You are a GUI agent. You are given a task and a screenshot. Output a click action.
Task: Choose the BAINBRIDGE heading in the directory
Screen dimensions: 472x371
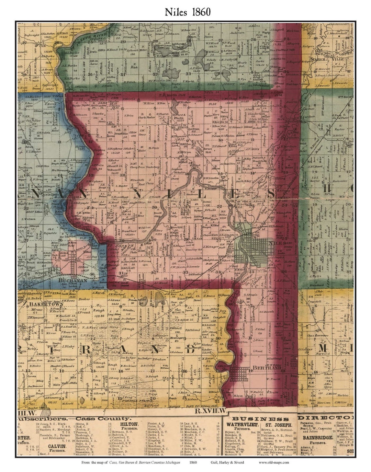pos(317,437)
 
